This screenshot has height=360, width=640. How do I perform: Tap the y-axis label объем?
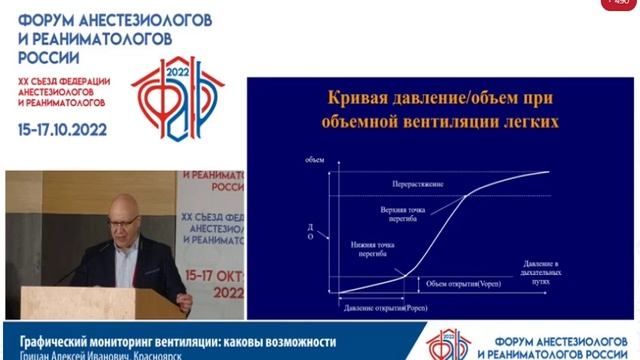(x=311, y=160)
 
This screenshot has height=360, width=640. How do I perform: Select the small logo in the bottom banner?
(x=450, y=344)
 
